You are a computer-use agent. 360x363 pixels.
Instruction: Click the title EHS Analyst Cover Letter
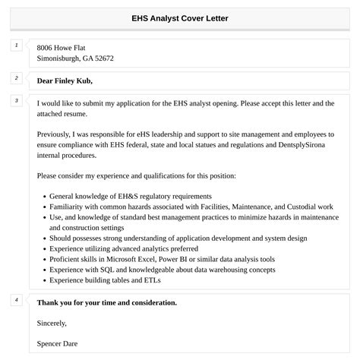click(180, 17)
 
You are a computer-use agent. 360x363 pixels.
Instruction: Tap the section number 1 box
click(16, 46)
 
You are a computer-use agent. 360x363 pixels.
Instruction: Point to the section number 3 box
click(16, 100)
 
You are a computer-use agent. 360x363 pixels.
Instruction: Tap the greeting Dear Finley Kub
click(69, 80)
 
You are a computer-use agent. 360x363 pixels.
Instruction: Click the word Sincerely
click(52, 323)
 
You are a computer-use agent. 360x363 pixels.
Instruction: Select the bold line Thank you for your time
click(106, 302)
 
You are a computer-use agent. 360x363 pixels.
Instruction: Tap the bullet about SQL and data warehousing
click(151, 269)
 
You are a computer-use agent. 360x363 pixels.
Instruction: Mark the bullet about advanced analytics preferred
click(123, 248)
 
